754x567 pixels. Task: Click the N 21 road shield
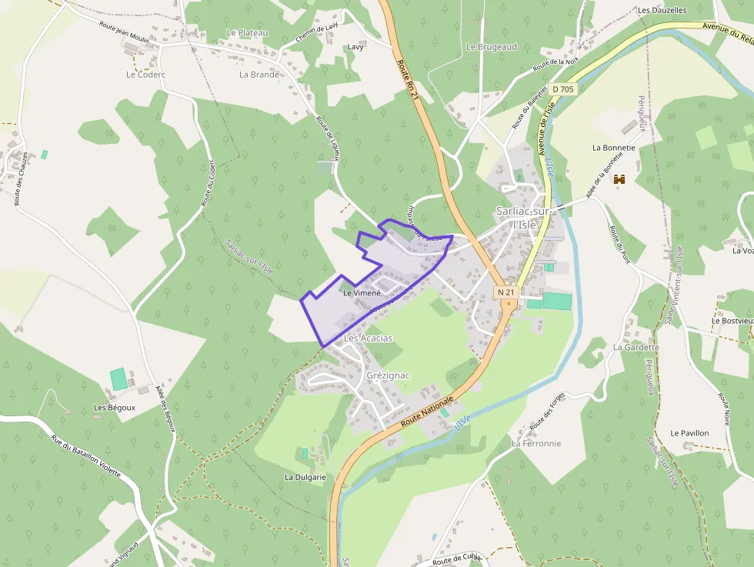coord(505,292)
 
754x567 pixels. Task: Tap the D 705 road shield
coord(562,89)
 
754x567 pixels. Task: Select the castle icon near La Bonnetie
coord(618,179)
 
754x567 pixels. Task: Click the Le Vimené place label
coord(362,293)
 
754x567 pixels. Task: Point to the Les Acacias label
coord(368,339)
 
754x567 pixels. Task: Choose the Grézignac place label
coord(389,375)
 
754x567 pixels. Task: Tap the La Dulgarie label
coord(305,477)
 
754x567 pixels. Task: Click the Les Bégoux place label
coord(115,408)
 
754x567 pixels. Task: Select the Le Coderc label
coord(145,75)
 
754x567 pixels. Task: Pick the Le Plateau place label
coord(247,33)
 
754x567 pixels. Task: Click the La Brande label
coord(259,75)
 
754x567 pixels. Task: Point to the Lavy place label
coord(355,46)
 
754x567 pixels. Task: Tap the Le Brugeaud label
coord(491,47)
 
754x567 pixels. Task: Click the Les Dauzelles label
coord(662,10)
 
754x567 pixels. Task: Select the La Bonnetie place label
coord(613,147)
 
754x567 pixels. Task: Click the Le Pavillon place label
coord(689,433)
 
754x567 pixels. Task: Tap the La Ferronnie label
coord(536,444)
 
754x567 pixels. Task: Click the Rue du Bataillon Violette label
coord(86,456)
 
